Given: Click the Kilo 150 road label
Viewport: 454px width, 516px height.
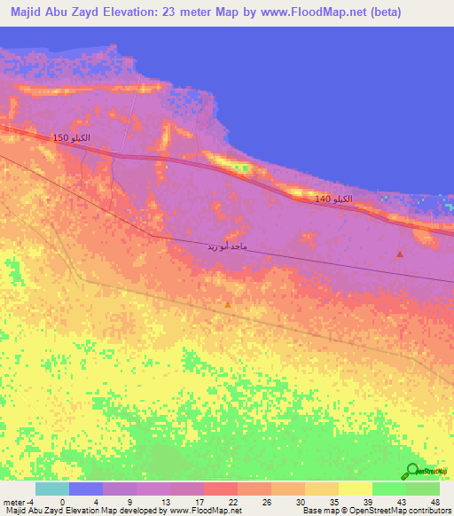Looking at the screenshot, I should click(71, 138).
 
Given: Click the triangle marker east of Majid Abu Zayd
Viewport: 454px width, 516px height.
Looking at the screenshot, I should click(400, 254).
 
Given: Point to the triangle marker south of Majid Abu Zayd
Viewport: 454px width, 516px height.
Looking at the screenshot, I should click(228, 304).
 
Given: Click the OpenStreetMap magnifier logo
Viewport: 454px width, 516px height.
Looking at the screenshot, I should click(414, 470).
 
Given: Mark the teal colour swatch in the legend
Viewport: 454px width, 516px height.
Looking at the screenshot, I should click(52, 489).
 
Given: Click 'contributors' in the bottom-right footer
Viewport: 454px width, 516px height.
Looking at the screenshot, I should click(429, 511).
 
